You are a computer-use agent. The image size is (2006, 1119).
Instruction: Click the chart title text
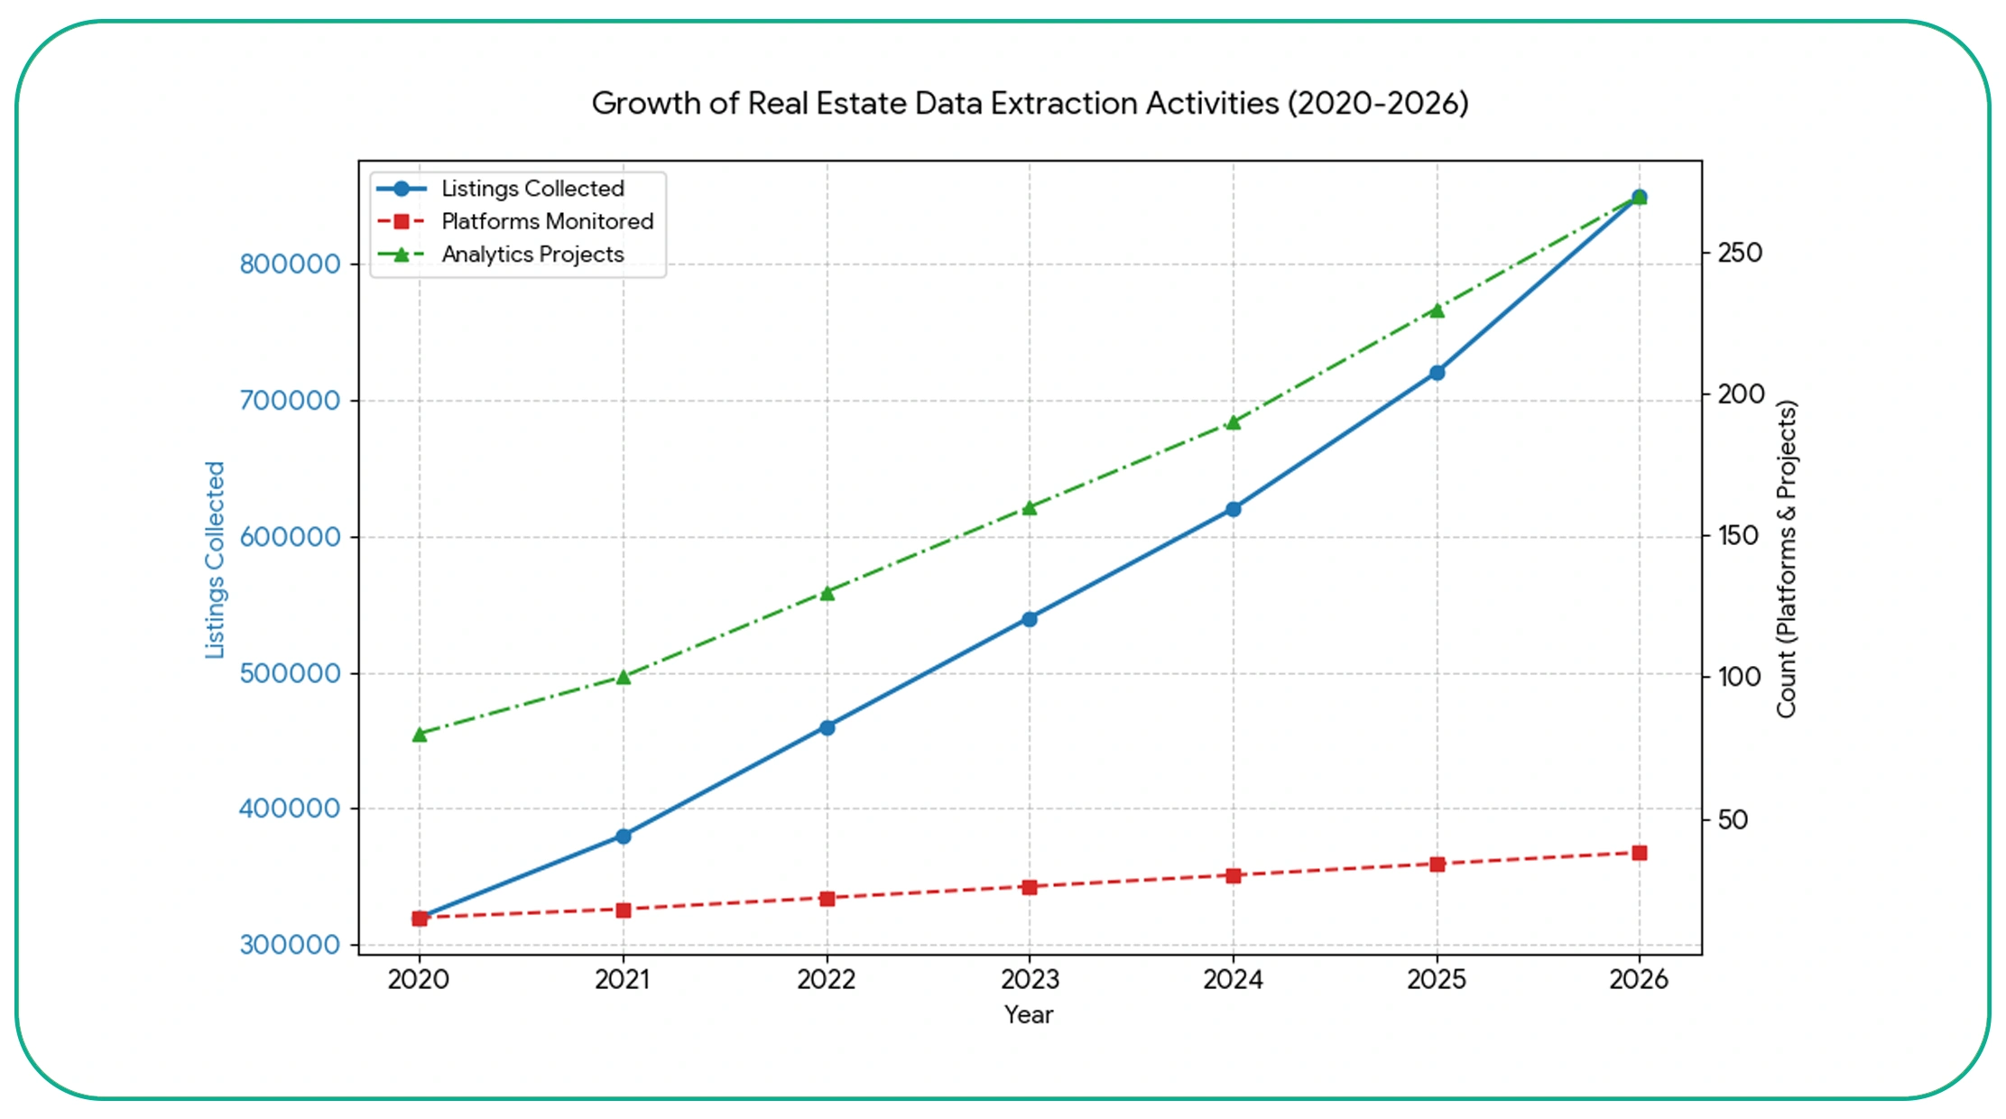pyautogui.click(x=1030, y=104)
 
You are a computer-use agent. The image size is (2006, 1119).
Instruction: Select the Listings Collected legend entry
pyautogui.click(x=532, y=189)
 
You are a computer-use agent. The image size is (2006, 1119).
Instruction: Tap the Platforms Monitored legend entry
pyautogui.click(x=546, y=221)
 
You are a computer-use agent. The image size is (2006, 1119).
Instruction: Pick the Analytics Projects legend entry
pyautogui.click(x=532, y=254)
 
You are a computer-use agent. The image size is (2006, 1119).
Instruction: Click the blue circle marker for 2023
pyautogui.click(x=1030, y=619)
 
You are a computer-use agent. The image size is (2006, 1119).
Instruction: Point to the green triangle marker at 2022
pyautogui.click(x=827, y=593)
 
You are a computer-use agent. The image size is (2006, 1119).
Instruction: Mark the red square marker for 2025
pyautogui.click(x=1437, y=865)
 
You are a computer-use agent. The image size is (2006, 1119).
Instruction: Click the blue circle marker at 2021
pyautogui.click(x=623, y=837)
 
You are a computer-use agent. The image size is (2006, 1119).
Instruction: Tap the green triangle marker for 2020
pyautogui.click(x=420, y=735)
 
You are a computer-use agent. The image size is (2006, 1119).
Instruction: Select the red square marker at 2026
pyautogui.click(x=1640, y=853)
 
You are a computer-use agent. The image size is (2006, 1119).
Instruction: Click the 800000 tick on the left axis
pyautogui.click(x=290, y=264)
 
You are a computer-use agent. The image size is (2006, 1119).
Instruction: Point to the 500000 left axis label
pyautogui.click(x=290, y=673)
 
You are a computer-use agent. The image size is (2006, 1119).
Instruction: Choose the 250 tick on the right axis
pyautogui.click(x=1740, y=253)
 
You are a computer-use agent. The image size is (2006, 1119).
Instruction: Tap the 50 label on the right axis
pyautogui.click(x=1733, y=819)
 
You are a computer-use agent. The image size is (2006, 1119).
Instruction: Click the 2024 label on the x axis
pyautogui.click(x=1233, y=980)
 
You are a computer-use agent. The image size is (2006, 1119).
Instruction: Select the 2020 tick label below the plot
pyautogui.click(x=419, y=980)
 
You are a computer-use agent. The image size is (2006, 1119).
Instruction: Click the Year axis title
pyautogui.click(x=1029, y=1015)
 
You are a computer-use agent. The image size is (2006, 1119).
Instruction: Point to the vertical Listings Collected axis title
pyautogui.click(x=215, y=559)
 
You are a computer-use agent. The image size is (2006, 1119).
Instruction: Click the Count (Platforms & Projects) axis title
pyautogui.click(x=1787, y=559)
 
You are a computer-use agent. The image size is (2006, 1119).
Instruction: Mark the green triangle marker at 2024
pyautogui.click(x=1234, y=422)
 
